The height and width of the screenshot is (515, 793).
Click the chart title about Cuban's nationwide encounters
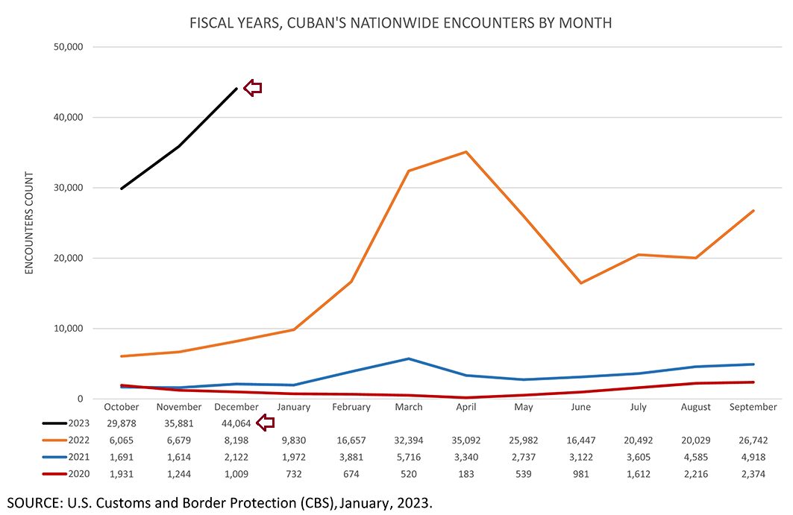(401, 23)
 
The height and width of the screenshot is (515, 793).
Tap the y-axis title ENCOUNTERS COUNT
(30, 223)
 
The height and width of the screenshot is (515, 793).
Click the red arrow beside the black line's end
(254, 88)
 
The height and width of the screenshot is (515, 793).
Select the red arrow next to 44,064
(266, 423)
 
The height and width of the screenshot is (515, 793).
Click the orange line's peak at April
(466, 152)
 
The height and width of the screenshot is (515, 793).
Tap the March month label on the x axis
(409, 407)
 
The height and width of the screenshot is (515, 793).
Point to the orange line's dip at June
(580, 283)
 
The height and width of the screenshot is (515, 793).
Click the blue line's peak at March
(409, 358)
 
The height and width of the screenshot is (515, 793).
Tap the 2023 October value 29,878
(122, 423)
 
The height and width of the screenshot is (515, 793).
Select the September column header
(753, 407)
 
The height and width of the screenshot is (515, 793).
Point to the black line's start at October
(122, 189)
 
